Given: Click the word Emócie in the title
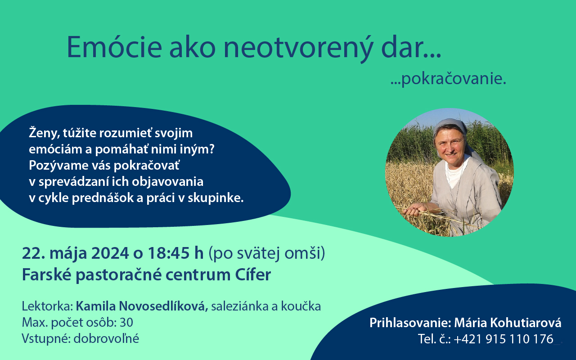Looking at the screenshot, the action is pos(114,48).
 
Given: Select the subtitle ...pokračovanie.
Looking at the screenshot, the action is pos(448,79).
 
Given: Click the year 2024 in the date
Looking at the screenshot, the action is pos(110,253).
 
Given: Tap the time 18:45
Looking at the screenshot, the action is pos(167,253).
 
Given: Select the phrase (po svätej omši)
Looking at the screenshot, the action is pos(267,254).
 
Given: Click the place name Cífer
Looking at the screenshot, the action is pos(253,274).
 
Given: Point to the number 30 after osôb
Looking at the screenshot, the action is pos(126,323).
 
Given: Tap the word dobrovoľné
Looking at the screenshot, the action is pos(106,338).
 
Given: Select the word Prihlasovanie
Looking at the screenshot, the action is pos(410,323).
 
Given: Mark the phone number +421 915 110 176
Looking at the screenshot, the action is pos(504,339).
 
